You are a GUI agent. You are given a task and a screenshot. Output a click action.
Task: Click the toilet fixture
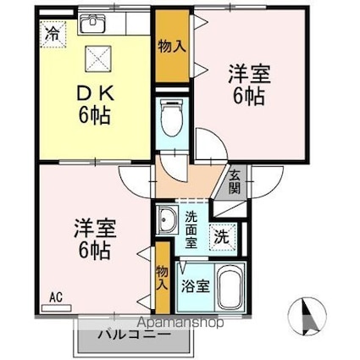pos(172,118)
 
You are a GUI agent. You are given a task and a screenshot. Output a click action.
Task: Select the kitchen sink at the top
pos(92,23)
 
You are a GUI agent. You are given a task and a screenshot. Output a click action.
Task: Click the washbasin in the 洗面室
pos(168,219)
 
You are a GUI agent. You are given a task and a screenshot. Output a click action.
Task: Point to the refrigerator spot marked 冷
pos(53,34)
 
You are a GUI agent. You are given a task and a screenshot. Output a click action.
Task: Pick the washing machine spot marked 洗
pos(223,237)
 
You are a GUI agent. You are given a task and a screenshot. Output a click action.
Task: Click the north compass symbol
pos(308,315)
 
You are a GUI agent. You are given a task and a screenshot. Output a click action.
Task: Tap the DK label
pos(96,94)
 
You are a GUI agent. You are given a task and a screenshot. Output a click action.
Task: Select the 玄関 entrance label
pos(235,183)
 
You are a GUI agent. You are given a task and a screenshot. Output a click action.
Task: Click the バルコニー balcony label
pos(135,335)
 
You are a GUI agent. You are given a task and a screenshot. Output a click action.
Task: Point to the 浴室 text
pos(196,286)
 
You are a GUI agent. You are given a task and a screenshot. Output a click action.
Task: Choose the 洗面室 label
pos(191,230)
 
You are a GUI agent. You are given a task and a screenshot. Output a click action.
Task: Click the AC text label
pos(56,297)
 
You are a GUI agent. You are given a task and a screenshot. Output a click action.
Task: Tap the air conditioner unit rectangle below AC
pos(57,308)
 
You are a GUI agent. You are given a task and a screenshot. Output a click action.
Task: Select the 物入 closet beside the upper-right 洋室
pos(172,46)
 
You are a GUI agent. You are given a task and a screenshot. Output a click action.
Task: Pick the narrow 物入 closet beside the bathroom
pos(163,278)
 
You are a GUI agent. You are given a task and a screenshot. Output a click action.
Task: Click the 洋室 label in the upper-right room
pos(249,74)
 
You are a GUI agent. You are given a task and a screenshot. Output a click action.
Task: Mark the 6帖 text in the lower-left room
pos(94,251)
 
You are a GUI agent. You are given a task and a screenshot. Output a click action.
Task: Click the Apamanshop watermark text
pos(181,323)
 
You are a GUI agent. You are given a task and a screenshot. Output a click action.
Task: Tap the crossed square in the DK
pos(98,58)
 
